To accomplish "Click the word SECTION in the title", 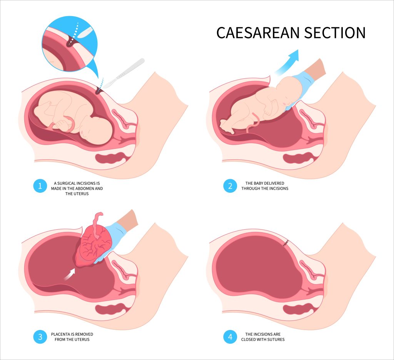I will (x=335, y=33).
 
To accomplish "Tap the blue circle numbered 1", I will (x=40, y=186).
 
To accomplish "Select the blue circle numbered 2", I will (x=230, y=186).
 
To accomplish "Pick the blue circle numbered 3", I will (x=40, y=338).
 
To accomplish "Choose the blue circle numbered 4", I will (x=230, y=338).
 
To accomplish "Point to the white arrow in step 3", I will (x=70, y=274).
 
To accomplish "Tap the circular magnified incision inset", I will (x=69, y=42).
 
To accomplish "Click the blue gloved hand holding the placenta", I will (x=115, y=238).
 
